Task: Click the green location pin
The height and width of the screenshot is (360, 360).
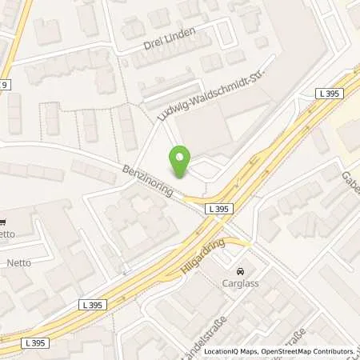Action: coord(180,162)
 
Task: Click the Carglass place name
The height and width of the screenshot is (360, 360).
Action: coord(240,282)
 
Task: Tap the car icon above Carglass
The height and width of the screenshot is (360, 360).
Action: coord(240,270)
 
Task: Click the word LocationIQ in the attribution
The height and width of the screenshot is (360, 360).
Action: coord(221,351)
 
